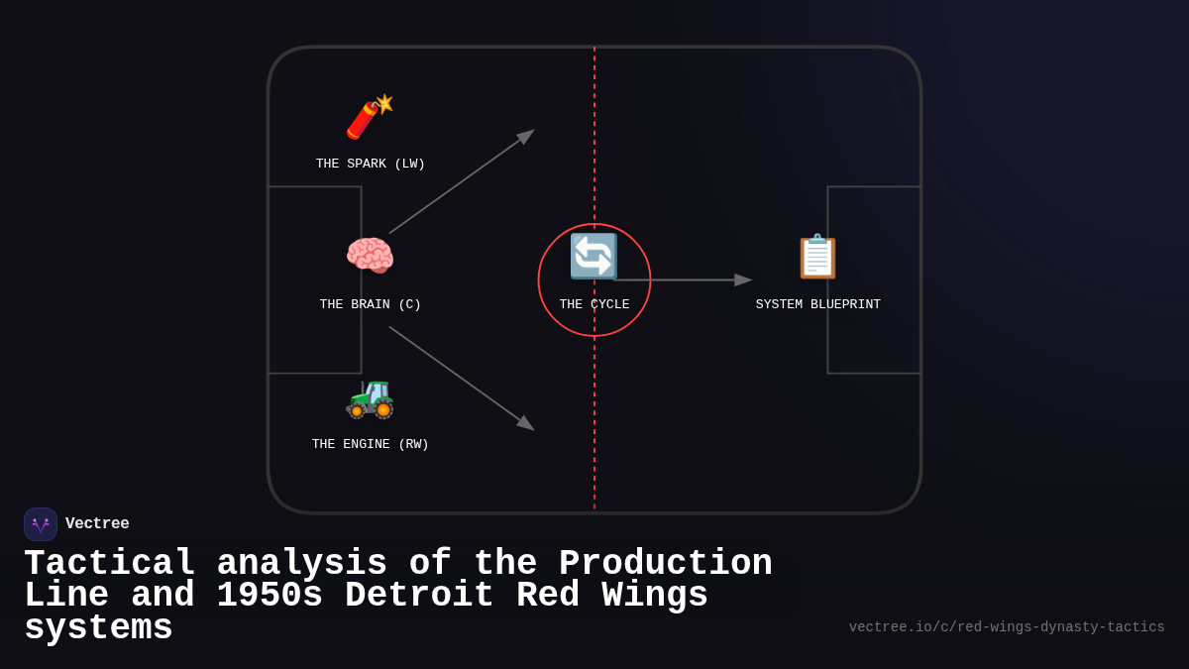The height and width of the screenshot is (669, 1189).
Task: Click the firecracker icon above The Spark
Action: tap(369, 118)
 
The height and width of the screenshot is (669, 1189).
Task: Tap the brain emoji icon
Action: tap(370, 256)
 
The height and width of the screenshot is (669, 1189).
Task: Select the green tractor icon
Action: tap(370, 397)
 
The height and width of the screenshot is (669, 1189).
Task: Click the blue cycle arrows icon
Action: tap(594, 256)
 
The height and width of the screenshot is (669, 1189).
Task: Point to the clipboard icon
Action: tap(817, 256)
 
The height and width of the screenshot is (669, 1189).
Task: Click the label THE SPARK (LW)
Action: tap(371, 165)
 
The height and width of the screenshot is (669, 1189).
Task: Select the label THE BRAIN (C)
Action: tap(371, 305)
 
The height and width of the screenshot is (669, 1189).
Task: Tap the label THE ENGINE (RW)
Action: tap(371, 445)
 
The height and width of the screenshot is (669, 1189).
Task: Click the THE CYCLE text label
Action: tap(594, 305)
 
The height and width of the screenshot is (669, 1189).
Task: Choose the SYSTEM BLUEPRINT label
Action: tap(818, 305)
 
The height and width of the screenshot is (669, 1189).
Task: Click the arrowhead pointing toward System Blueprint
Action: tap(743, 280)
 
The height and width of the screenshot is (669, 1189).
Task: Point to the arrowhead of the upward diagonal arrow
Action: tap(526, 136)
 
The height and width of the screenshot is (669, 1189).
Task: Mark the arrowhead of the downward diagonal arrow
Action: tap(526, 423)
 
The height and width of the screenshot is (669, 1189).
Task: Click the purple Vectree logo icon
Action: tap(41, 524)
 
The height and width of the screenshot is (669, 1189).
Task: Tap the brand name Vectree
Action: tap(97, 524)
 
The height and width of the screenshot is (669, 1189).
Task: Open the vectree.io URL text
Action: tap(1007, 627)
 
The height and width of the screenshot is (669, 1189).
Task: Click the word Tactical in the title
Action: tap(110, 564)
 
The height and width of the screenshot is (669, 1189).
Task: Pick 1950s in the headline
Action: tap(270, 596)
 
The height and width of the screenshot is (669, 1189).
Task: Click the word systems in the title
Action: tap(98, 628)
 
